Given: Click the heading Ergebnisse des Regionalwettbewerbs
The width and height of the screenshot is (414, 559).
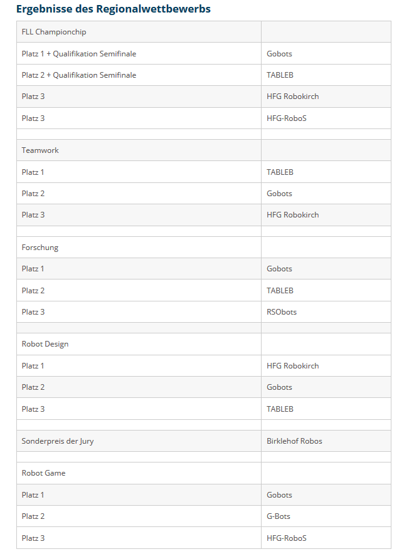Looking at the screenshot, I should point(113,9).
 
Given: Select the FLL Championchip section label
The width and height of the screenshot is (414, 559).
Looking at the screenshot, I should point(54,32).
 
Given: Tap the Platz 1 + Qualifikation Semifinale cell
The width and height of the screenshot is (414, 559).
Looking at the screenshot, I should point(79,54).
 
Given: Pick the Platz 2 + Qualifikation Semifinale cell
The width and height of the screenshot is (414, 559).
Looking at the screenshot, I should point(79,75).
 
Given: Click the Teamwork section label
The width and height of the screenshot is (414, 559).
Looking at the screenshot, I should point(40,150).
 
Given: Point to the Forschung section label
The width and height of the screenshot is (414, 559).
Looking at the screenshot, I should point(40,248).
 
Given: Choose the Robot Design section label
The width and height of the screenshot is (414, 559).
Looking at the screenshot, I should point(45,344).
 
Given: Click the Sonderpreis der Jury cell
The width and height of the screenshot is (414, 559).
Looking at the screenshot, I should point(58,441).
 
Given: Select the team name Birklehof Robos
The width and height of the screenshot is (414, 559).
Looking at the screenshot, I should point(294,441).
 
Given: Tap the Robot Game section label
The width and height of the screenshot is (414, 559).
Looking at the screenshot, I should point(44,473).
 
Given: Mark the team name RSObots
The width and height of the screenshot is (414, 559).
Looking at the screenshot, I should point(282,312).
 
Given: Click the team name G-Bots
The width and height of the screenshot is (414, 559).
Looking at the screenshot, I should point(279,516).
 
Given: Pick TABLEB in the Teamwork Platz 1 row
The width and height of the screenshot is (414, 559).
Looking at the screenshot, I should point(280,172).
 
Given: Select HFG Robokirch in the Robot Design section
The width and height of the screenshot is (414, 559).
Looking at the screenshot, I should point(292,366).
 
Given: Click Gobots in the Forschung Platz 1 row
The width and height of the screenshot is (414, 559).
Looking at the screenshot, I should point(279,269).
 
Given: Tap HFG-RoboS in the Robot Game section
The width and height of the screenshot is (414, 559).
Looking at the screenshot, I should point(286,538).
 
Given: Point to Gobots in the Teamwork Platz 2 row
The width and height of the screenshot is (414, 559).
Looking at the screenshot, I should point(279,194).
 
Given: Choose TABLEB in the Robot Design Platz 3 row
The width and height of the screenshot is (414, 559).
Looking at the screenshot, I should point(280,409).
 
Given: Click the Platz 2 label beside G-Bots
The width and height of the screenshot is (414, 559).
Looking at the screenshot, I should point(33,516).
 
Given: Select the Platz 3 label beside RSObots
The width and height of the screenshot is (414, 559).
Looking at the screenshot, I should point(33,312).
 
